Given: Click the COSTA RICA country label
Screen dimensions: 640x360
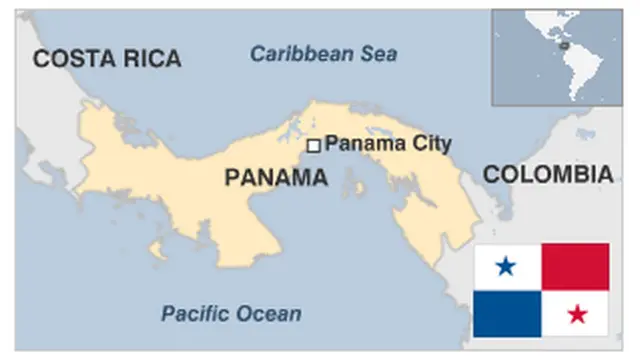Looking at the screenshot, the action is pyautogui.click(x=107, y=59).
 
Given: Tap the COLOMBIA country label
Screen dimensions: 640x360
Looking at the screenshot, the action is pyautogui.click(x=548, y=174).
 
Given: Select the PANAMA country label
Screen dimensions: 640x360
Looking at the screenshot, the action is pyautogui.click(x=276, y=178).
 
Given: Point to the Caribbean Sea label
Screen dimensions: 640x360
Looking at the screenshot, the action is pyautogui.click(x=323, y=52).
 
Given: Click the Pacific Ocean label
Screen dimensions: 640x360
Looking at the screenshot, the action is pyautogui.click(x=231, y=314).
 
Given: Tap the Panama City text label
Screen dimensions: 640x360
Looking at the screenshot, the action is pyautogui.click(x=388, y=144).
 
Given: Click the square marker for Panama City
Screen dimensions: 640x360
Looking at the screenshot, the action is pyautogui.click(x=313, y=146).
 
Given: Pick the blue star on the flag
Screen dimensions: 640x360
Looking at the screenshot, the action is pyautogui.click(x=506, y=266).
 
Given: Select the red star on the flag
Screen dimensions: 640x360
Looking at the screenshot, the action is pyautogui.click(x=577, y=315).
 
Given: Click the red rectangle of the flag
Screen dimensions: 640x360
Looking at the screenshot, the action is pyautogui.click(x=576, y=266).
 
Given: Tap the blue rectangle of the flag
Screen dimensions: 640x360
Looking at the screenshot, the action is pyautogui.click(x=506, y=315).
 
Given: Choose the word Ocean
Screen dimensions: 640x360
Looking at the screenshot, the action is pyautogui.click(x=269, y=314).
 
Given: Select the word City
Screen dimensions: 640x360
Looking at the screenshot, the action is pyautogui.click(x=431, y=144).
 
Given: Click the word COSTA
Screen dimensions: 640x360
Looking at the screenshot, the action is pyautogui.click(x=69, y=59).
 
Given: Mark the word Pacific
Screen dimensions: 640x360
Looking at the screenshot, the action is pyautogui.click(x=196, y=314).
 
